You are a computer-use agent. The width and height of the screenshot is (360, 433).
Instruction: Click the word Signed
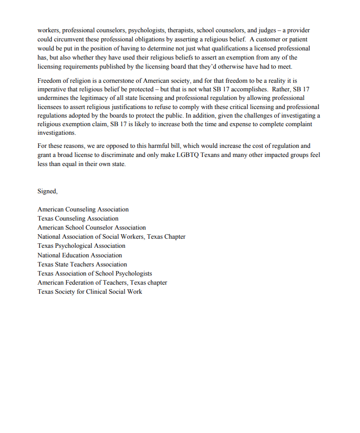(x=47, y=191)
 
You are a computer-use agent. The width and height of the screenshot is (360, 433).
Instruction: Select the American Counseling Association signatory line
(x=83, y=209)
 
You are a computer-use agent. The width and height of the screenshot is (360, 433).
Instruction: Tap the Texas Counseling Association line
(x=78, y=219)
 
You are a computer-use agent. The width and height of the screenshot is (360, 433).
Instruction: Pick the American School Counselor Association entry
(x=91, y=228)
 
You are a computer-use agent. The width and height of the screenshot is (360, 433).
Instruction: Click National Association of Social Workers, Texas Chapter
(x=111, y=237)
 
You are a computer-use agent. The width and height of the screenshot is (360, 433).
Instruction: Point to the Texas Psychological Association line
(x=81, y=246)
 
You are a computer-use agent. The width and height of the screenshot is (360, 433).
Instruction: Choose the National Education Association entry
(x=80, y=255)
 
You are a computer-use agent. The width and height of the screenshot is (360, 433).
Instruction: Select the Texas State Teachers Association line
(x=82, y=264)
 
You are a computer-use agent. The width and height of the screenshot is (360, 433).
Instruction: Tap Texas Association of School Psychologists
(x=94, y=274)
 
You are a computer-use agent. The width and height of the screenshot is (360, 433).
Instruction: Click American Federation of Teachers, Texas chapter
(x=102, y=283)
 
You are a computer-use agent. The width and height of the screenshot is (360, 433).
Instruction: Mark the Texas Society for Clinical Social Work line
(x=89, y=292)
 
